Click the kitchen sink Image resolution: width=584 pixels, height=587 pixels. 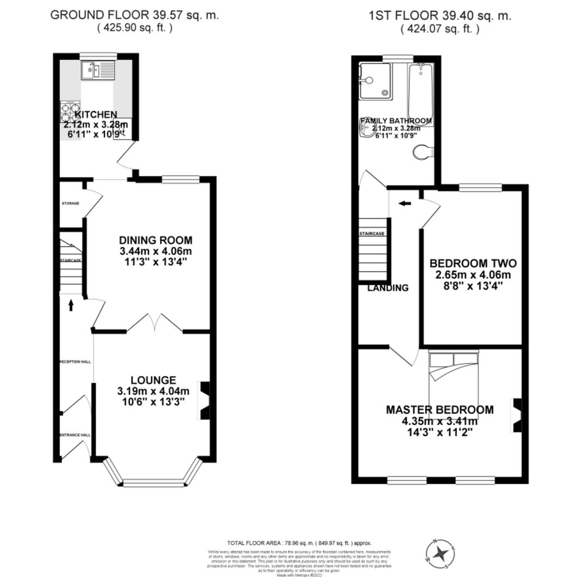[98, 70]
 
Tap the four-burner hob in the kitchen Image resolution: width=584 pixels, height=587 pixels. [70, 112]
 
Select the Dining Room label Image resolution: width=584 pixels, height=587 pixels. [156, 240]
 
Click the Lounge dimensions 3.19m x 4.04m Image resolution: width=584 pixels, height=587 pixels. [153, 391]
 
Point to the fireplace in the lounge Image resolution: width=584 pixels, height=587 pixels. [204, 400]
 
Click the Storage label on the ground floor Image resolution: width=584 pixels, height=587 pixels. [70, 203]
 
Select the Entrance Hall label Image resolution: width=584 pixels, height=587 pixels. [74, 435]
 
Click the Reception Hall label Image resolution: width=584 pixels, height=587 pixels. [74, 361]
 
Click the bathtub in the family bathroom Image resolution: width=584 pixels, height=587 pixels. [420, 93]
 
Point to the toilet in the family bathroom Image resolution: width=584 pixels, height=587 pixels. [422, 153]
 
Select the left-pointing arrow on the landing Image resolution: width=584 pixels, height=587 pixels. [405, 203]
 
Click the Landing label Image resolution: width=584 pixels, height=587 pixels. [388, 288]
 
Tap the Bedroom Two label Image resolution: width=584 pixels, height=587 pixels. [473, 264]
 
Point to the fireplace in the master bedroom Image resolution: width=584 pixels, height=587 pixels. [517, 415]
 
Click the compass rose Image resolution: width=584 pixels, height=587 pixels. [441, 554]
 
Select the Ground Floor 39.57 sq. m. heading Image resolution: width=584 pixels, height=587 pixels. [135, 15]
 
